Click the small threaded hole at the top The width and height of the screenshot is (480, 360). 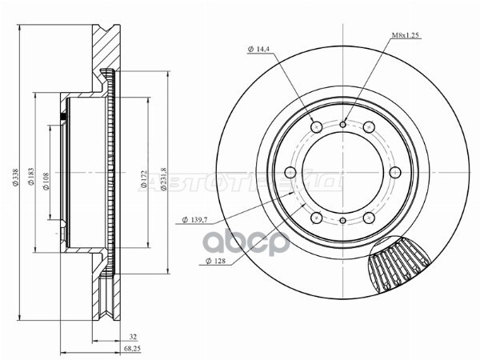tap(342, 123)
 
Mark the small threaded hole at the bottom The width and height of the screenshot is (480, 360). tap(342, 221)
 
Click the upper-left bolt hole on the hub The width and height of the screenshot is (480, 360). tap(315, 126)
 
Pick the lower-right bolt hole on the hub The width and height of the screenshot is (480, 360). tap(370, 218)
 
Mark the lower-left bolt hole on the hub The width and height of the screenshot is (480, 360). tap(315, 218)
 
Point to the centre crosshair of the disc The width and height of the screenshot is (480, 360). tap(342, 172)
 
